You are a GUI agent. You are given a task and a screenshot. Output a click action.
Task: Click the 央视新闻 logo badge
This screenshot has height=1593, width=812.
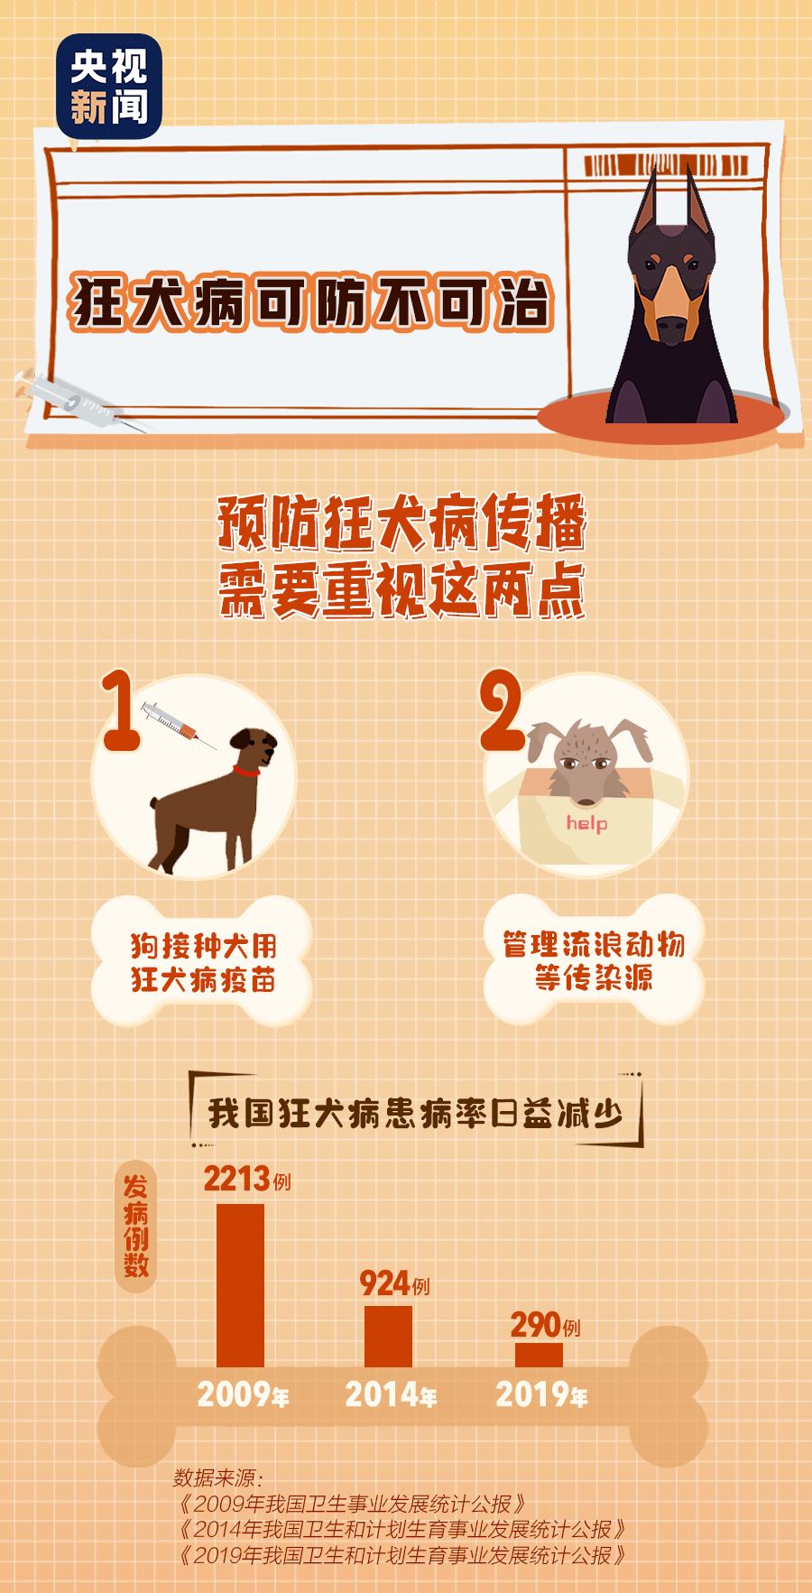(108, 86)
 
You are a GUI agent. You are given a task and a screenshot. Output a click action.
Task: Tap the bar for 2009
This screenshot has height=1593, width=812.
(240, 1284)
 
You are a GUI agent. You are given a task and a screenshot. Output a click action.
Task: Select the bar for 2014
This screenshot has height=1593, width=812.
(388, 1335)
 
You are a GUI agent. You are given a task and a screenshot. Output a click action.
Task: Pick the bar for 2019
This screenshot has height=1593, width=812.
(539, 1354)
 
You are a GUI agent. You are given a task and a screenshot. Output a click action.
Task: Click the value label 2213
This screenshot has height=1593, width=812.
(237, 1179)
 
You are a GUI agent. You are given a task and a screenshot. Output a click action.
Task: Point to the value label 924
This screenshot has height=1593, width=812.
(384, 1282)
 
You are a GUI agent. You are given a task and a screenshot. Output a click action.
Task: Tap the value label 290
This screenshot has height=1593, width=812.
(535, 1324)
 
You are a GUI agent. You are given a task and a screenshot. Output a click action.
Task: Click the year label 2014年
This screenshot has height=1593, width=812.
(391, 1395)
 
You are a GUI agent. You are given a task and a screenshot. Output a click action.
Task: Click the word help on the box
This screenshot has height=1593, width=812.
(586, 822)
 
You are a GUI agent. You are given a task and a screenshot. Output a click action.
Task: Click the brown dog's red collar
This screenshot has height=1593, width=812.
(246, 772)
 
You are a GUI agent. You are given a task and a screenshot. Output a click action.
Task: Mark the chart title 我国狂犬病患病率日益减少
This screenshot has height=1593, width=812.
(416, 1113)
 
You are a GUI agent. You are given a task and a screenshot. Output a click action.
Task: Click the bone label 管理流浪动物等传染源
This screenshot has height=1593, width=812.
(593, 960)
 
